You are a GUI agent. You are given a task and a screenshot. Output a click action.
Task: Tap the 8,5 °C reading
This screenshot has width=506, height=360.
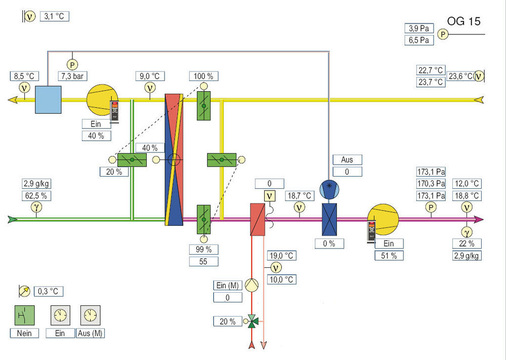(x=25, y=75)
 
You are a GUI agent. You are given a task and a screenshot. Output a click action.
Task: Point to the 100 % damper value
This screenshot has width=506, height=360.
(x=204, y=76)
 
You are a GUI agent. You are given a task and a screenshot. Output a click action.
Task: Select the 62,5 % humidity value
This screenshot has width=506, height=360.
(x=37, y=196)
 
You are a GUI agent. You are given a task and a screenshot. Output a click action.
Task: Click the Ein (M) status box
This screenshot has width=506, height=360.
(x=227, y=287)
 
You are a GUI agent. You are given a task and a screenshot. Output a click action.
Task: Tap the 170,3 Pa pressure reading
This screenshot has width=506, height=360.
(x=430, y=184)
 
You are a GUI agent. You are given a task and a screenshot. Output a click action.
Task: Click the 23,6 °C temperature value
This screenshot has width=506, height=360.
(x=460, y=75)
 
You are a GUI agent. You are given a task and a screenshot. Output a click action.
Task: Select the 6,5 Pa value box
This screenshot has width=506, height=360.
(x=419, y=40)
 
